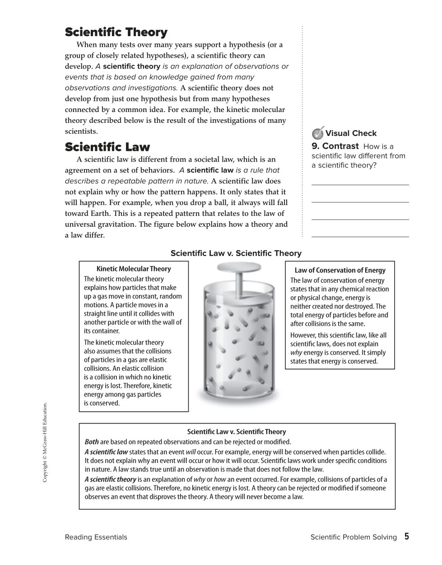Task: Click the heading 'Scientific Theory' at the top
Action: [116, 33]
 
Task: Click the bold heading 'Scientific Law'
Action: [107, 147]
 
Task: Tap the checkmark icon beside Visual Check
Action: [318, 133]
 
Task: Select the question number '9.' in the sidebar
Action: [316, 146]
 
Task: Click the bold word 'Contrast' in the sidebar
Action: [340, 146]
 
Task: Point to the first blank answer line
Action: [360, 185]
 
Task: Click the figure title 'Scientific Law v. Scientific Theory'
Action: [236, 253]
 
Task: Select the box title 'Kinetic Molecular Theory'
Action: [134, 269]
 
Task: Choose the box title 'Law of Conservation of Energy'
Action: [340, 271]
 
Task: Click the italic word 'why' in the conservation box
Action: [296, 353]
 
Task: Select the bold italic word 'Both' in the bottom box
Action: [92, 442]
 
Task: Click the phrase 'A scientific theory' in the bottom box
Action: [111, 480]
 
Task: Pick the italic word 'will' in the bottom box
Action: [191, 452]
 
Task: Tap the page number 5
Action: [406, 537]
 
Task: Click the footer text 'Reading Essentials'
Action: [96, 537]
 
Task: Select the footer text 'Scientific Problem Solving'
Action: [354, 537]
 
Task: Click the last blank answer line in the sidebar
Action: [360, 237]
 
